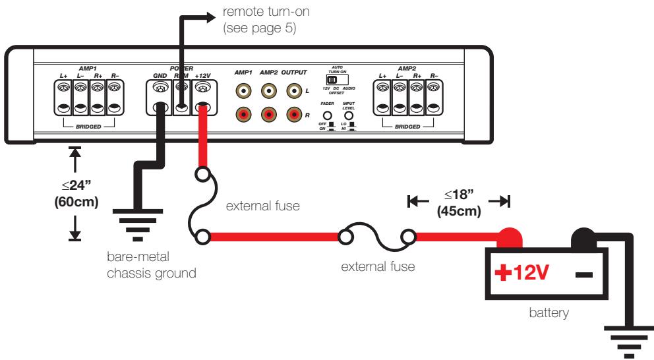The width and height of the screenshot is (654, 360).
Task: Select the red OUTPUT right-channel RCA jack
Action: (x=293, y=115)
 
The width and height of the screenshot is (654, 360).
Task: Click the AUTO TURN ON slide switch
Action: (x=341, y=80)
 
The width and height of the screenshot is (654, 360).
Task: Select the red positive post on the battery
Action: (x=514, y=235)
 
